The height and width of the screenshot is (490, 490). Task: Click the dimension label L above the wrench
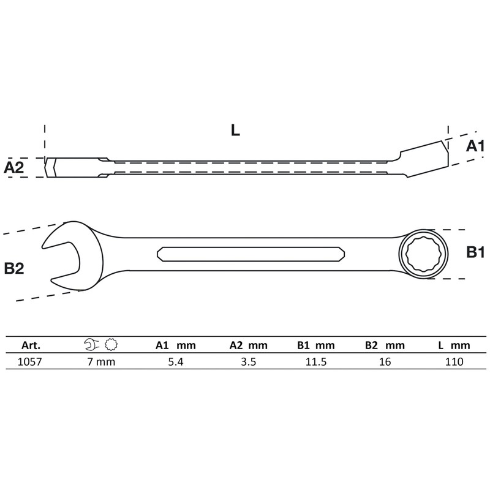pyautogui.click(x=235, y=130)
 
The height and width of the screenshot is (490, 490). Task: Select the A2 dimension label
pyautogui.click(x=14, y=167)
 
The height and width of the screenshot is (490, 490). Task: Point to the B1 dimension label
pyautogui.click(x=475, y=252)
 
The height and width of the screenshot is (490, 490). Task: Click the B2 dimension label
pyautogui.click(x=14, y=268)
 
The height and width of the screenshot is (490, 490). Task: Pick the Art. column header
pyautogui.click(x=31, y=345)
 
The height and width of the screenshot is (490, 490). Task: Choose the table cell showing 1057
pyautogui.click(x=31, y=361)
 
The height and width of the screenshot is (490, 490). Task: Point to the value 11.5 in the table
pyautogui.click(x=316, y=361)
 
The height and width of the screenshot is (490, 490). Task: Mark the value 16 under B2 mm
pyautogui.click(x=385, y=361)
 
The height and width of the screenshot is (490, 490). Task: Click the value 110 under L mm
pyautogui.click(x=453, y=361)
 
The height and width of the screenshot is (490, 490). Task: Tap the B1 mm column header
pyautogui.click(x=316, y=345)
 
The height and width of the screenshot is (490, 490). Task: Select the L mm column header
pyautogui.click(x=453, y=345)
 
